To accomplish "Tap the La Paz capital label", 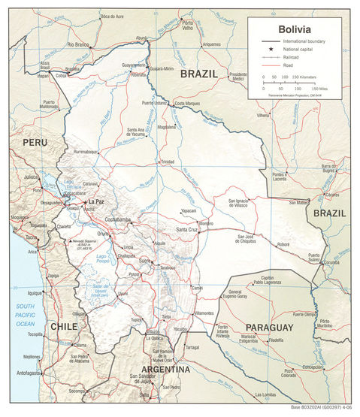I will click(95, 203).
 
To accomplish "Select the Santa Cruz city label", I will click(187, 229).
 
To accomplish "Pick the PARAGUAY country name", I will click(269, 328).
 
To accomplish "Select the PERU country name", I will click(34, 142).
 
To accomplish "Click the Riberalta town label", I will click(138, 75).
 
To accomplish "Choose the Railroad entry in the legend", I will click(292, 57).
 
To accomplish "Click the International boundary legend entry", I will click(303, 40).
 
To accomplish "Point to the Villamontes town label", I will click(204, 312).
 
